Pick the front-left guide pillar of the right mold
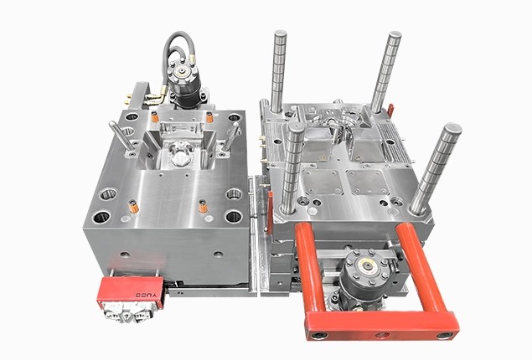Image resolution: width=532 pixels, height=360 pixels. pos(292,167)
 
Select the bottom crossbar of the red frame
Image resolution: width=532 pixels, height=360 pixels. pos(380,322)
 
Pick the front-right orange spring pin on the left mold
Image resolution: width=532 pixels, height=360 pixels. pos(201,205)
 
